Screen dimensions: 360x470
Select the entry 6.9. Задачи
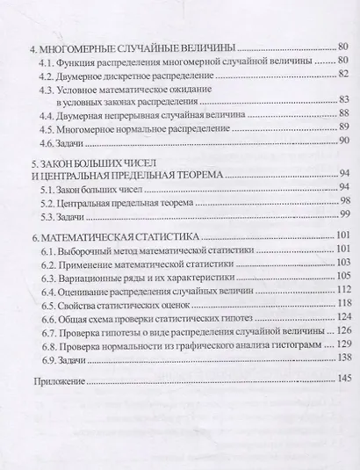point(68,359)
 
